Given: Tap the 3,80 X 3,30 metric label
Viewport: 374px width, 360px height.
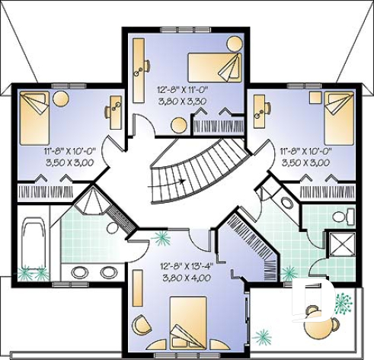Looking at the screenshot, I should coord(183,99).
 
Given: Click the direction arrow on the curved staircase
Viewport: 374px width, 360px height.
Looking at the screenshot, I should coord(181,182).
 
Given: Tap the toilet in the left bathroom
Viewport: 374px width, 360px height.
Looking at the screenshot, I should coord(113,227).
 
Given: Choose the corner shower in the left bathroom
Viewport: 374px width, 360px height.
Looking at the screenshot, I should coord(94,204).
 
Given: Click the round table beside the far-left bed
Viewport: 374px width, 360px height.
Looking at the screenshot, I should coord(61,98).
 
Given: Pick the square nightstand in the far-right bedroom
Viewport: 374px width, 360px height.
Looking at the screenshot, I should coord(314,97).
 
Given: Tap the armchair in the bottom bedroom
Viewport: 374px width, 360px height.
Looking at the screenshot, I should coord(142,326).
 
